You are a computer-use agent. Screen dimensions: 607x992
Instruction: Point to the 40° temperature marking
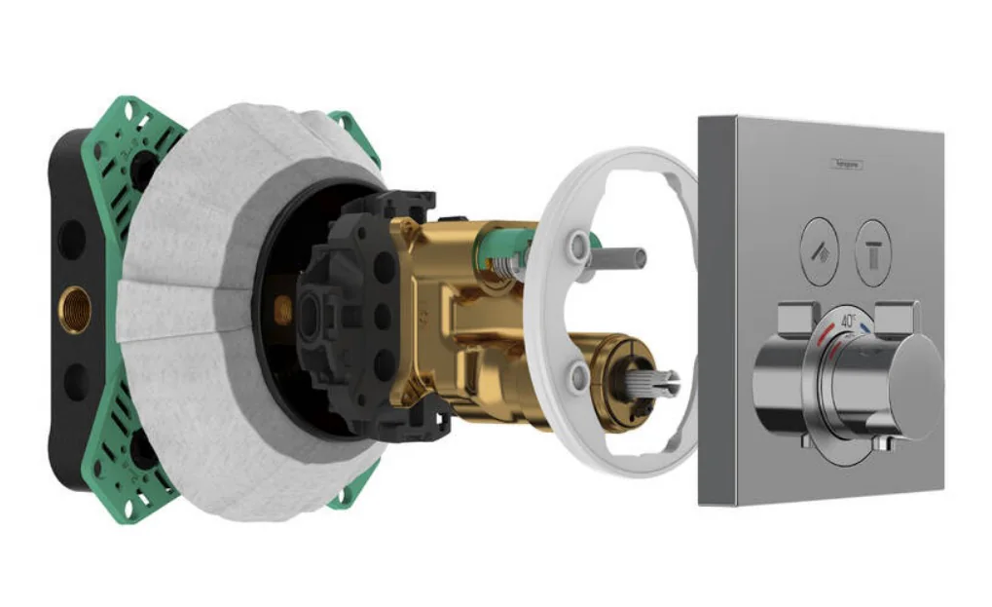[848, 320]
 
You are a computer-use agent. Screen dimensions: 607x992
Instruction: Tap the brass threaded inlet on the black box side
[75, 309]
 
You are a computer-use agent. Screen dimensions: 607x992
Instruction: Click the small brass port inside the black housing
[282, 310]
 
